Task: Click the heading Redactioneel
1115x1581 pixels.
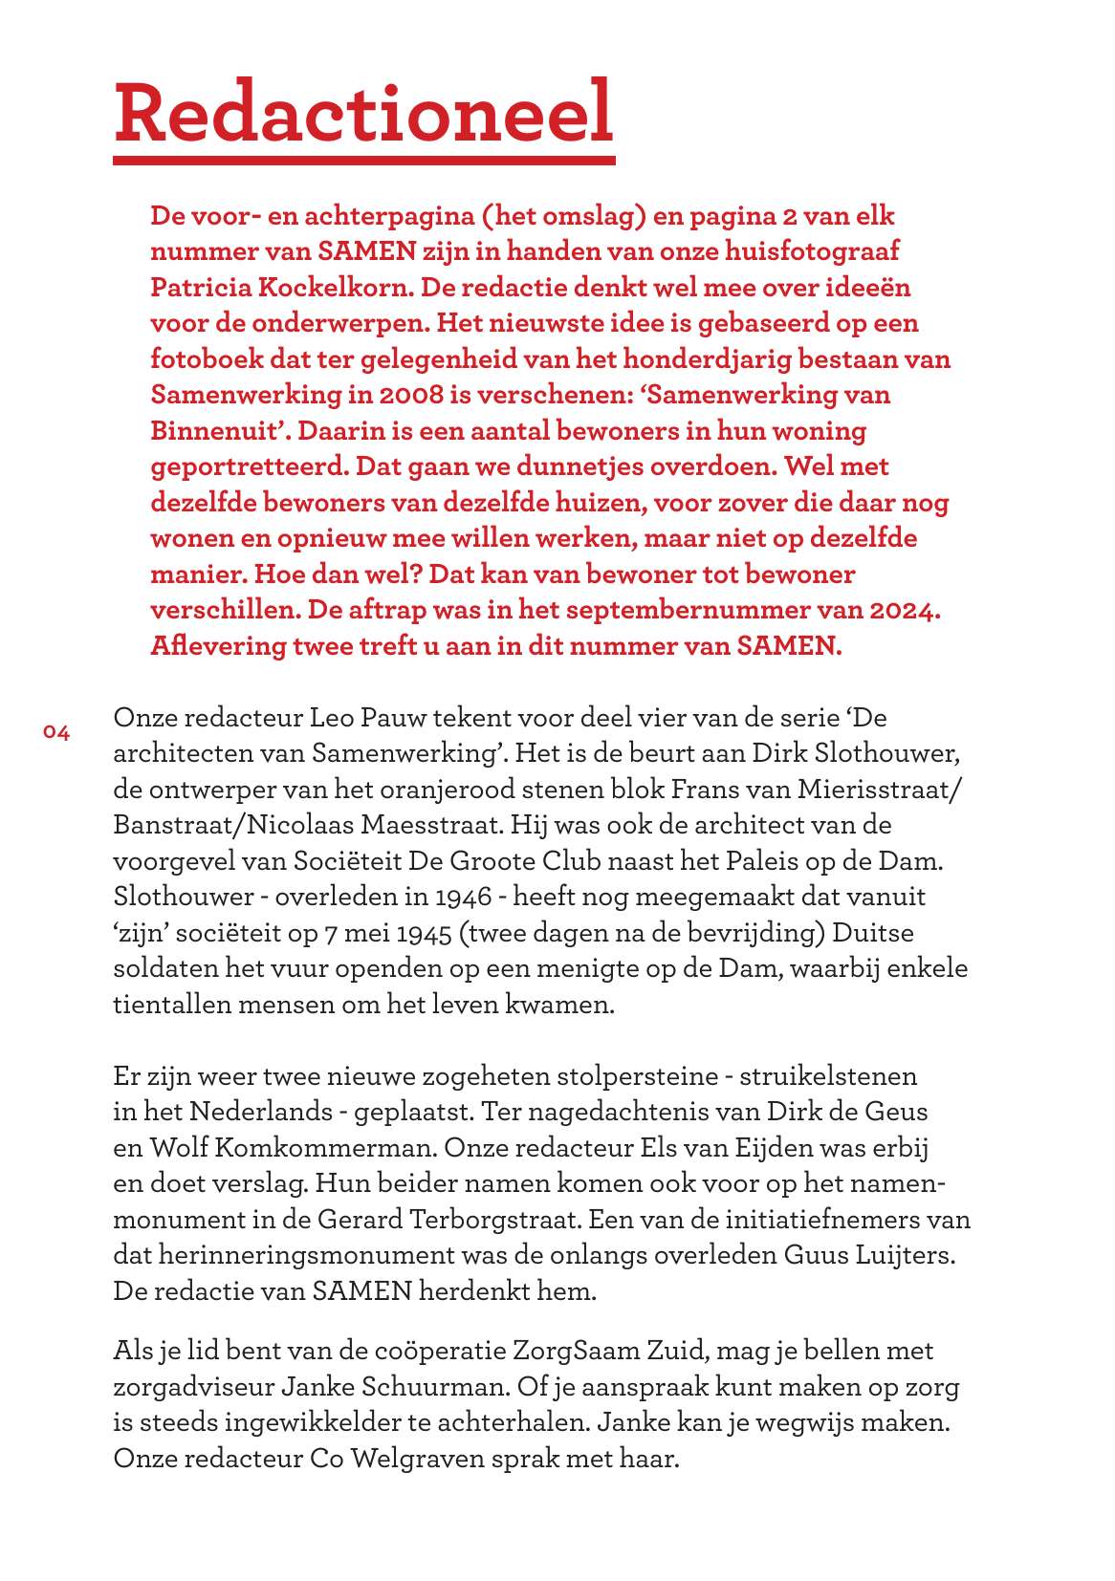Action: point(363,112)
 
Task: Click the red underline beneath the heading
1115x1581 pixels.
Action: point(363,160)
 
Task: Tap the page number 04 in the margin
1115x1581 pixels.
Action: point(56,733)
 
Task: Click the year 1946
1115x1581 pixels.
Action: point(463,897)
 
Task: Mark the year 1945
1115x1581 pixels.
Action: point(425,933)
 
